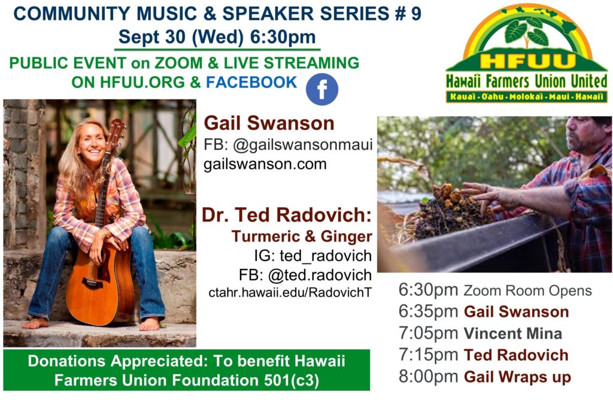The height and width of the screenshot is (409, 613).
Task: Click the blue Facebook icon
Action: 321,89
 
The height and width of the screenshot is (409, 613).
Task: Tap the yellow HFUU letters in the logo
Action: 528,62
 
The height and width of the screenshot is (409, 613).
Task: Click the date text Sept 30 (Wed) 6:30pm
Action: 217,37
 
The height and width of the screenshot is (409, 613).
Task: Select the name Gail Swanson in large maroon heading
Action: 269,123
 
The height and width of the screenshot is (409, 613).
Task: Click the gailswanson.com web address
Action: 265,164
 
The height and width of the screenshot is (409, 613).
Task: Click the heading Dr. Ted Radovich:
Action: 287,215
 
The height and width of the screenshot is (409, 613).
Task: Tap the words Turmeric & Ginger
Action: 302,236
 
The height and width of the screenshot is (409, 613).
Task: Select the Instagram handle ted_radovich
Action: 326,256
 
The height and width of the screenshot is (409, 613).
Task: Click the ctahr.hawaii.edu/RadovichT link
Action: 290,292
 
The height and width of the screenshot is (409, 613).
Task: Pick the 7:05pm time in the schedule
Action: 429,334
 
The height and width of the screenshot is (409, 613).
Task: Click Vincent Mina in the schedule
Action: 513,334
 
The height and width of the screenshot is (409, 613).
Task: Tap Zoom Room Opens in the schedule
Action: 528,291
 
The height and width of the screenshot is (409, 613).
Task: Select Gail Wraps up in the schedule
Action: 518,377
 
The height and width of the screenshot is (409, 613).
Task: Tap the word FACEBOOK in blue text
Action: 251,83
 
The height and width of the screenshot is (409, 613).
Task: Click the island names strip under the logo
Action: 527,96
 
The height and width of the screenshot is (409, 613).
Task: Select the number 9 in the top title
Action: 416,14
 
